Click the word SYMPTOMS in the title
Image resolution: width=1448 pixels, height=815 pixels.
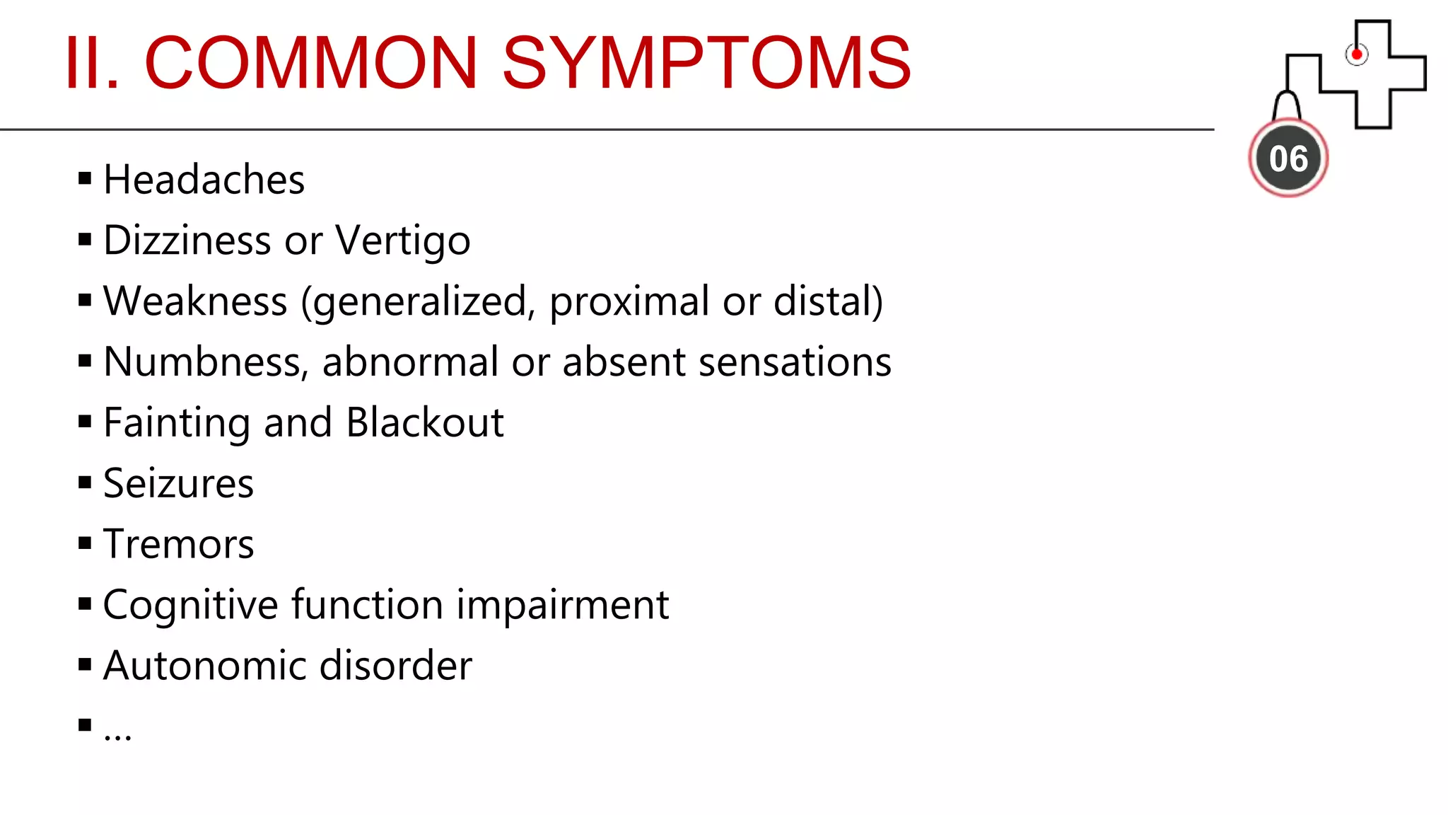pyautogui.click(x=706, y=64)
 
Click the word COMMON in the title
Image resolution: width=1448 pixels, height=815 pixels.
pyautogui.click(x=311, y=64)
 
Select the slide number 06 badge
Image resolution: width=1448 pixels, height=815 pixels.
pyautogui.click(x=1288, y=158)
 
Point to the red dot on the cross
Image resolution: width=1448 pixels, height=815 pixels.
pyautogui.click(x=1356, y=54)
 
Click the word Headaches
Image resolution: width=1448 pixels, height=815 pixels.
pyautogui.click(x=204, y=180)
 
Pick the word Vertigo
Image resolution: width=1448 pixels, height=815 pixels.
pyautogui.click(x=402, y=241)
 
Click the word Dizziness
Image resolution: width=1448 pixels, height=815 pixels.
pyautogui.click(x=187, y=241)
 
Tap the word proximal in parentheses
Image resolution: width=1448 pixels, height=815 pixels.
pyautogui.click(x=629, y=301)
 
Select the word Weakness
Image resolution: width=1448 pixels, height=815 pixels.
pyautogui.click(x=195, y=301)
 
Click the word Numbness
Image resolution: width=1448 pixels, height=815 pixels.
pyautogui.click(x=206, y=362)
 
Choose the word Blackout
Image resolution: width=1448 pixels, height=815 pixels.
pyautogui.click(x=425, y=423)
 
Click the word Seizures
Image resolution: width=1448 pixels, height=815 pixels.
pyautogui.click(x=178, y=484)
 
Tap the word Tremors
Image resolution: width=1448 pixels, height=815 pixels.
pyautogui.click(x=178, y=545)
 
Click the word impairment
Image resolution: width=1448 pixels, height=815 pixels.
pyautogui.click(x=562, y=606)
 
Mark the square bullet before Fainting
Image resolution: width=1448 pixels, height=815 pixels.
pyautogui.click(x=85, y=422)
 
